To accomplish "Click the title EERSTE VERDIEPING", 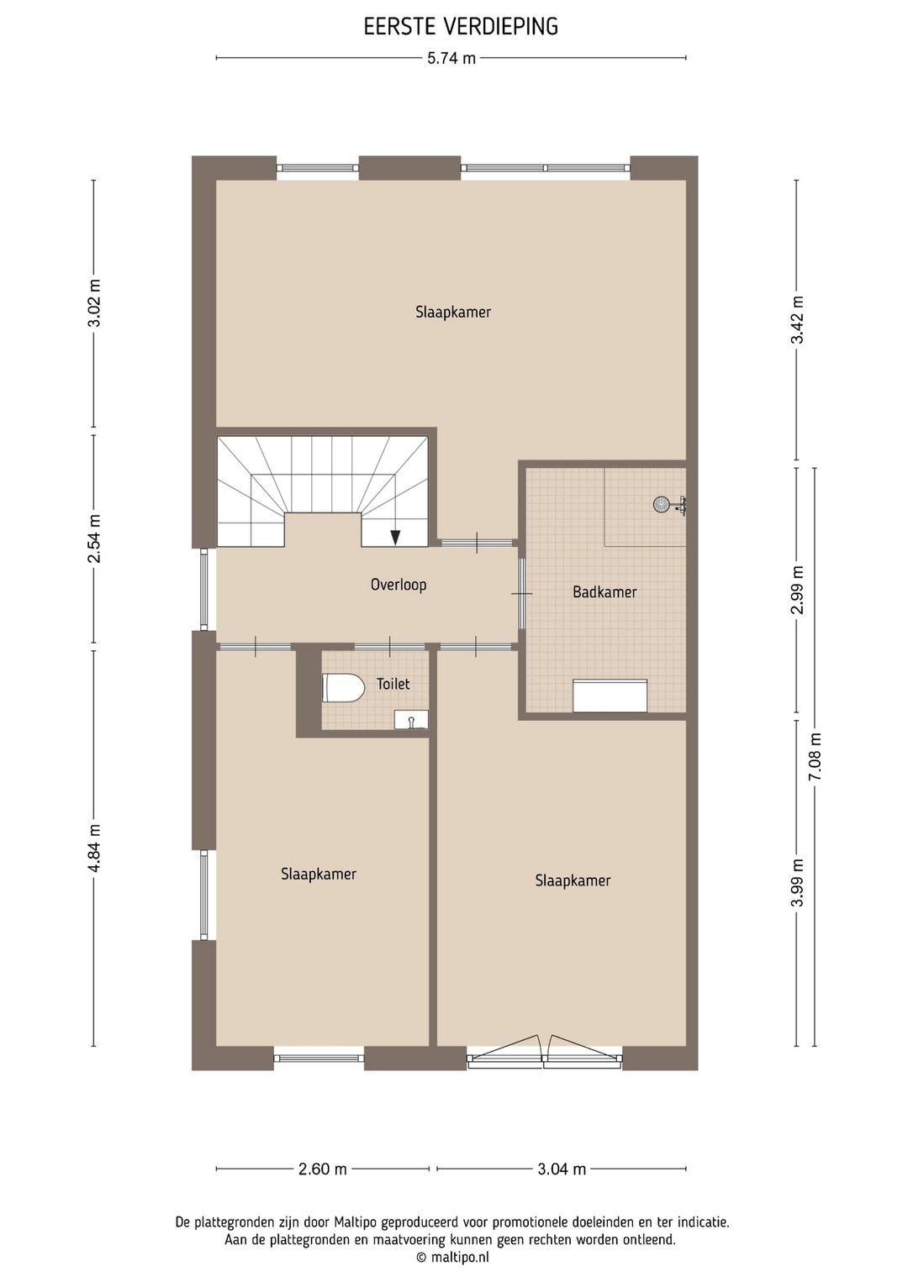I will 461,27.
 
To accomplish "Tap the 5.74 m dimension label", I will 451,58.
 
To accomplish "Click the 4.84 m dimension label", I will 94,848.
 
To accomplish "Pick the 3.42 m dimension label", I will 798,320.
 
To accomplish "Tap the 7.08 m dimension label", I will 815,757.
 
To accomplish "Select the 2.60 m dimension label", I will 323,1169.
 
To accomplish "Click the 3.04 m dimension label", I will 562,1169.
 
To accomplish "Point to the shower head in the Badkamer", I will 663,504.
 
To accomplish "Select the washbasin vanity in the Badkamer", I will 610,696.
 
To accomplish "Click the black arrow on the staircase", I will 395,537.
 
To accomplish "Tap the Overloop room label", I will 399,585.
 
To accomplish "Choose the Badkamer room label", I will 604,592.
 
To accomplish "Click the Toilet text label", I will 393,684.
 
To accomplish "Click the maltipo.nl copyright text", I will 452,1258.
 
